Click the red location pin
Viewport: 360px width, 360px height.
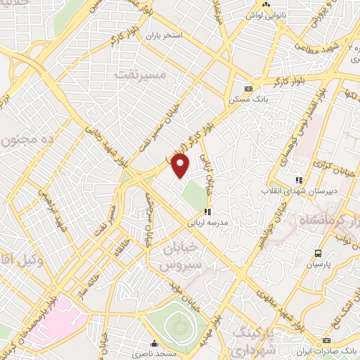tap(182, 166)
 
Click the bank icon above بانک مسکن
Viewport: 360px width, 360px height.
tap(247, 89)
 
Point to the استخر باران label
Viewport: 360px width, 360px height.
tap(164, 34)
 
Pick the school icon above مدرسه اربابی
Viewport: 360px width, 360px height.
tap(207, 211)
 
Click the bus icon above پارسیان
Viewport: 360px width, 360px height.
tap(318, 253)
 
